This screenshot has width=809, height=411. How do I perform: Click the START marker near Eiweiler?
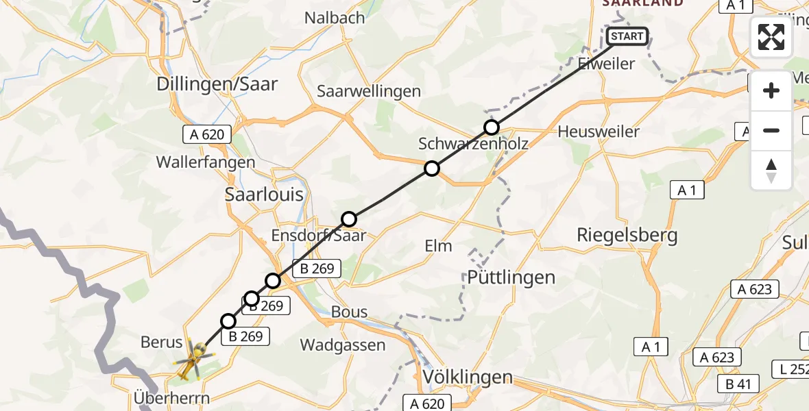tap(627, 36)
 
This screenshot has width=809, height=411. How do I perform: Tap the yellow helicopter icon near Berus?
tap(193, 360)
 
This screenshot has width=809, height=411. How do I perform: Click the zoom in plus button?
tap(771, 91)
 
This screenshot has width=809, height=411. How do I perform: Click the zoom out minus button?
tap(771, 130)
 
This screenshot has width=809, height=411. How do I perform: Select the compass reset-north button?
tap(771, 170)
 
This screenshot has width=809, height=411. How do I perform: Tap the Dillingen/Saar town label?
tap(217, 84)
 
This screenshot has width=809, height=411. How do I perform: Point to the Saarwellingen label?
tap(378, 91)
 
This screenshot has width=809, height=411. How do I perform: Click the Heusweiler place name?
tap(599, 131)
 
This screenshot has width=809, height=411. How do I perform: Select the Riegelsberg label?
tap(627, 236)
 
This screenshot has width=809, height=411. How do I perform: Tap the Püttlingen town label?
tap(511, 277)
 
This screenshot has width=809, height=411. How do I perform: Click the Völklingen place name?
tap(468, 377)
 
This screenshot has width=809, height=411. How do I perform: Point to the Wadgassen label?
tap(343, 345)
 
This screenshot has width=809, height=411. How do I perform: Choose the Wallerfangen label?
tap(205, 162)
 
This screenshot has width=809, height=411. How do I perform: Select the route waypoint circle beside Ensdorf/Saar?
tap(349, 219)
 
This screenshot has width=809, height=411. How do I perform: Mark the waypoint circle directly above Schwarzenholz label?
tap(491, 127)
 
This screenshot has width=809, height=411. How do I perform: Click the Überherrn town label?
tap(173, 398)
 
